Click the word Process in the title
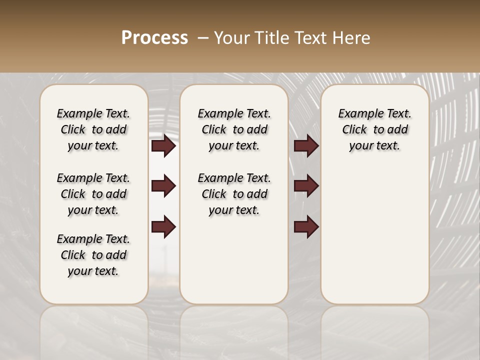coord(154,38)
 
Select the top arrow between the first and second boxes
coord(163,146)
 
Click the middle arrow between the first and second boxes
coord(163,186)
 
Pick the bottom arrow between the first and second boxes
coord(163,227)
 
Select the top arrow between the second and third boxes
coord(306,146)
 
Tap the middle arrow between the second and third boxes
coord(306,186)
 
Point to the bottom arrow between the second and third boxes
coord(306,227)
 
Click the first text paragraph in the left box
coord(93,129)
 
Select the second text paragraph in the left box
coord(93,194)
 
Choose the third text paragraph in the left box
coord(93,255)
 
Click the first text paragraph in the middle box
coord(234,129)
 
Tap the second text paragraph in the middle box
coord(234,194)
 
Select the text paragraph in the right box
coord(374,129)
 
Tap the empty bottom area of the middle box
coord(234,265)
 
